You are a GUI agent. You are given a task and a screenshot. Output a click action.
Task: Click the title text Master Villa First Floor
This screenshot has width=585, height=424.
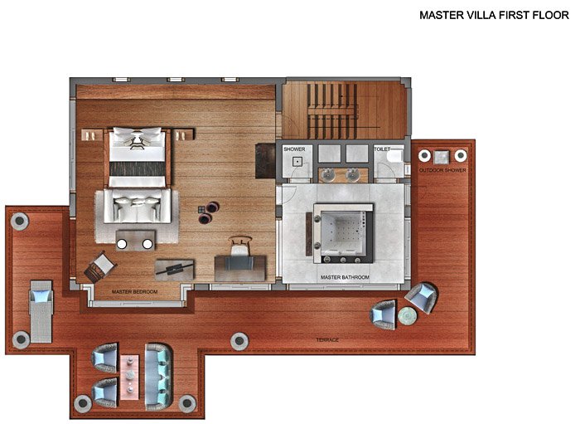(x=494, y=15)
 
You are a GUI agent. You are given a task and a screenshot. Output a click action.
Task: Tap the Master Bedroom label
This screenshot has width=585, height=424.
(x=135, y=291)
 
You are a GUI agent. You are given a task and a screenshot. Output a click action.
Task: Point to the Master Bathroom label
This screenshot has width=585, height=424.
(x=345, y=277)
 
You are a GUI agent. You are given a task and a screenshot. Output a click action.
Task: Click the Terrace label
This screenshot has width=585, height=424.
(x=327, y=339)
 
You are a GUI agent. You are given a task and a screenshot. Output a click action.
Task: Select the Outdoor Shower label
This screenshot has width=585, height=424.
(x=442, y=170)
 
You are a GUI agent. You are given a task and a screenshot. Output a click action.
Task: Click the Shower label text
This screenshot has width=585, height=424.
(x=294, y=149)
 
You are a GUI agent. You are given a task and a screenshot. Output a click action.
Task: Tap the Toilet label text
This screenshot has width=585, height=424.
(x=382, y=149)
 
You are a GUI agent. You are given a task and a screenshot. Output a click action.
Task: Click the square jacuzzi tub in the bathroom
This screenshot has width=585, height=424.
(x=344, y=233)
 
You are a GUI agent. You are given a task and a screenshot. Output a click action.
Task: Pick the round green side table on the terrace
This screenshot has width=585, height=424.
(x=407, y=315)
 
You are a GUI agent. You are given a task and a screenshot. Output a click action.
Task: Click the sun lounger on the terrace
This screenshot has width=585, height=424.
(x=41, y=311)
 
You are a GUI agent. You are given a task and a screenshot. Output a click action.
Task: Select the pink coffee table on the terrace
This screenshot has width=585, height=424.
(x=129, y=377)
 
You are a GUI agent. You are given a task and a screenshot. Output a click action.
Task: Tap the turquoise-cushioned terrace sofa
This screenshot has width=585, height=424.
(x=158, y=378)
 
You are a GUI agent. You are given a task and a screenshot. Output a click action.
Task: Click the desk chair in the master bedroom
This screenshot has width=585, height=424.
(x=239, y=246)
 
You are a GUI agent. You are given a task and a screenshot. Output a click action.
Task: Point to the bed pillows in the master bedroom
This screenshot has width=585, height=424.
(x=138, y=133)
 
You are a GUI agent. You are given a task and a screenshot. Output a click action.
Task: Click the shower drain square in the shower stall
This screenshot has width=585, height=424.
(x=297, y=162)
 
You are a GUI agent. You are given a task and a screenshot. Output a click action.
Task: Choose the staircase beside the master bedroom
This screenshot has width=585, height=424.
(x=331, y=111)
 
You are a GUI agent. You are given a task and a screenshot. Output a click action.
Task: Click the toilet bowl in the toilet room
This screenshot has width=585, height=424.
(x=395, y=156)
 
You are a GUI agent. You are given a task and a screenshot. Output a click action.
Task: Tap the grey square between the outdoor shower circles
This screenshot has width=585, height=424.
(x=442, y=157)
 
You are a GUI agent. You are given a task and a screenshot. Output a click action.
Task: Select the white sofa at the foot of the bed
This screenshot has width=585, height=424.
(x=138, y=207)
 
